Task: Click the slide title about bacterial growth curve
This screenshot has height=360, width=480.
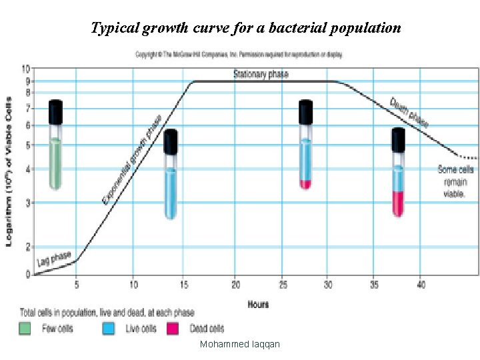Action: (245, 28)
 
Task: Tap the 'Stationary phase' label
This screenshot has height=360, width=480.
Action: (261, 74)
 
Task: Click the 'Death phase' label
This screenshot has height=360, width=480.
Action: (409, 113)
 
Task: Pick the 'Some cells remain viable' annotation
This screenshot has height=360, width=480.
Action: (456, 181)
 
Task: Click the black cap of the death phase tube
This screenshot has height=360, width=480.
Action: (398, 139)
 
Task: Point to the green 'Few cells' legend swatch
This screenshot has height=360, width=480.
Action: (25, 328)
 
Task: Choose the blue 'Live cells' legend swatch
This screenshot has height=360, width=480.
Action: (109, 328)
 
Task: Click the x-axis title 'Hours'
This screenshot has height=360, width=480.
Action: (258, 304)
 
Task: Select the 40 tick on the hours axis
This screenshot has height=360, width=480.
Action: (421, 285)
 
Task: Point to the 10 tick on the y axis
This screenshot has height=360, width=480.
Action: (25, 69)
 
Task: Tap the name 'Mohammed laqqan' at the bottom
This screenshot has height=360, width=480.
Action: (240, 344)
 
